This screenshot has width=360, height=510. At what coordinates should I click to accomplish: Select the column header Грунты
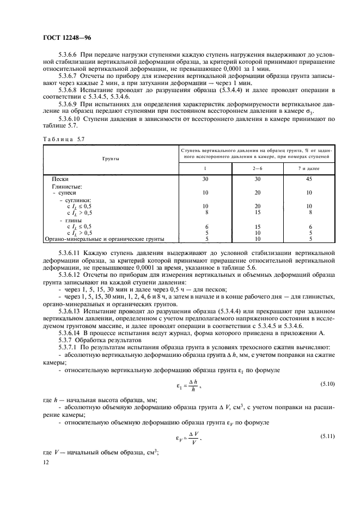(110, 158)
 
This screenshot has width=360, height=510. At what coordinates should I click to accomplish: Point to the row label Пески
(60, 179)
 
